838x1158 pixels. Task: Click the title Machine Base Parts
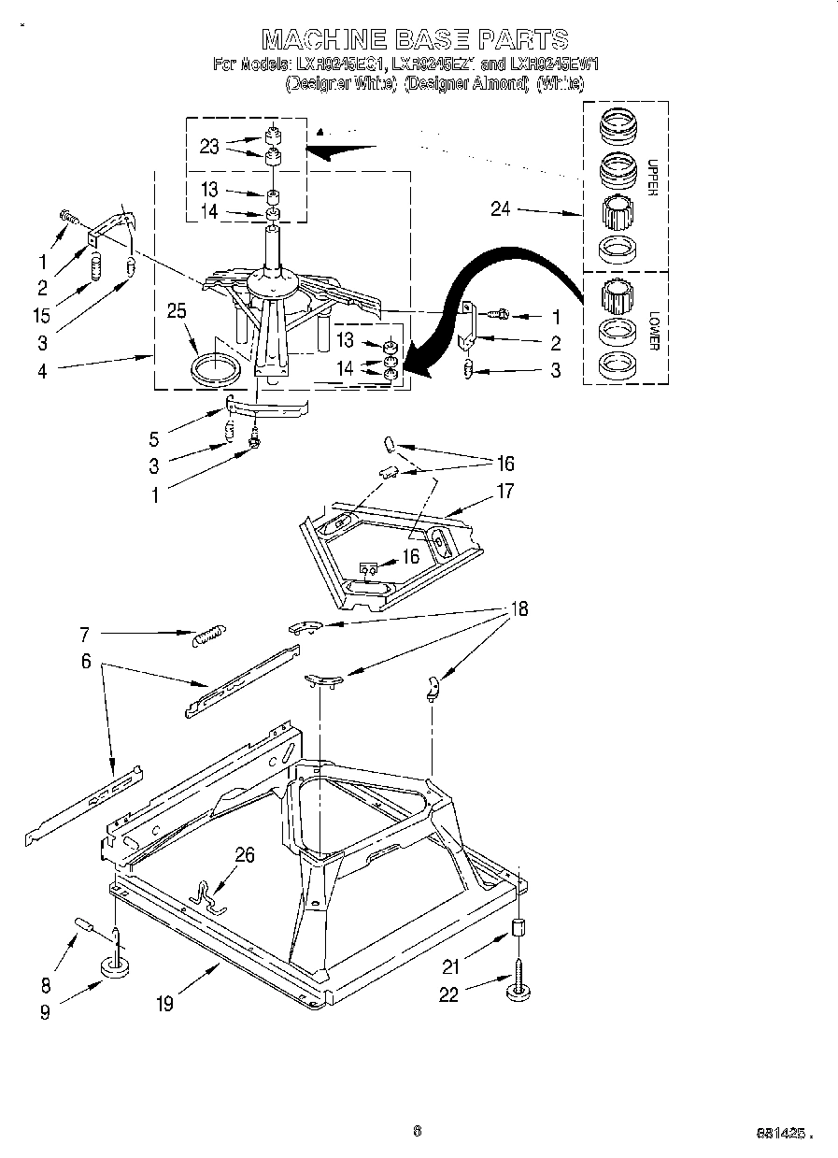(415, 38)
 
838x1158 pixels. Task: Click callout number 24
(501, 209)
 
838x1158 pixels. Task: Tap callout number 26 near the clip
(244, 854)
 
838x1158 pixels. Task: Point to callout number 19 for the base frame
(164, 1005)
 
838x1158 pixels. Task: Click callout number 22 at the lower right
(449, 995)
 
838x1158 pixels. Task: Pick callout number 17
(505, 491)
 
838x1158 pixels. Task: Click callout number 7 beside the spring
(84, 635)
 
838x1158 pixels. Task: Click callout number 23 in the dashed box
(208, 146)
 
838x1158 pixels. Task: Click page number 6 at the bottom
(417, 1131)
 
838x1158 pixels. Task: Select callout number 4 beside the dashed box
(42, 371)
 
